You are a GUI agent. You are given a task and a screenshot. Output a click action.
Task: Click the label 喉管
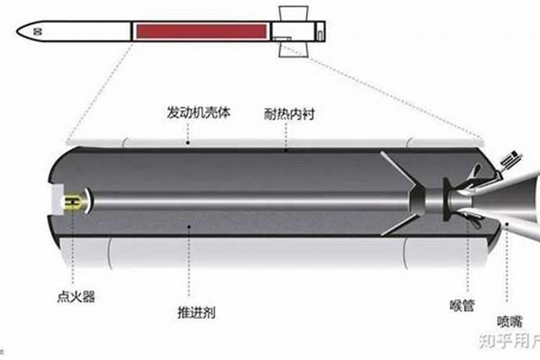464,305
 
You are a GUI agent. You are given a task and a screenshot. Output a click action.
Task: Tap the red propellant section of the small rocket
201,32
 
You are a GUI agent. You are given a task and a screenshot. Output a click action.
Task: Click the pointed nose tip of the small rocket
18,31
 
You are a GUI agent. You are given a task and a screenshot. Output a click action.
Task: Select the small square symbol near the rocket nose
38,31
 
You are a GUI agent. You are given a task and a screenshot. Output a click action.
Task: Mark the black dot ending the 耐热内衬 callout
286,151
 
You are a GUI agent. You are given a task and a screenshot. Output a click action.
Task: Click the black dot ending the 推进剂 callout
189,228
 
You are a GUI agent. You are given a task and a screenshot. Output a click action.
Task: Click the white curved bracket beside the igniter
88,202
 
